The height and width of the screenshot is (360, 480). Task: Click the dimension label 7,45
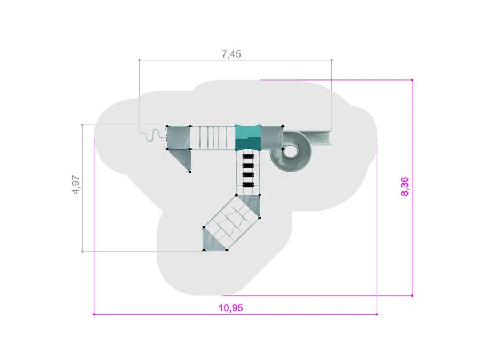click(x=231, y=54)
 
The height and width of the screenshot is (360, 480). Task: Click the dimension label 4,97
click(x=76, y=185)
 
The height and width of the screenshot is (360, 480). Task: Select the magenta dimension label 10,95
click(x=231, y=308)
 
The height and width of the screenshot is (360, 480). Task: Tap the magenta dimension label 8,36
click(x=404, y=187)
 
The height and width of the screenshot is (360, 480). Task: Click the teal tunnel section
click(x=248, y=138)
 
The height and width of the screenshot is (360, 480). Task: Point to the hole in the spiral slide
click(x=291, y=150)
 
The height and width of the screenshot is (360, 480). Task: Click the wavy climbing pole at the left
click(x=152, y=135)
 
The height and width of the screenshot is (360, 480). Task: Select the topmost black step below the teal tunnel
click(x=248, y=156)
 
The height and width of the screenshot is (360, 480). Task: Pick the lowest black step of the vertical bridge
click(x=248, y=185)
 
